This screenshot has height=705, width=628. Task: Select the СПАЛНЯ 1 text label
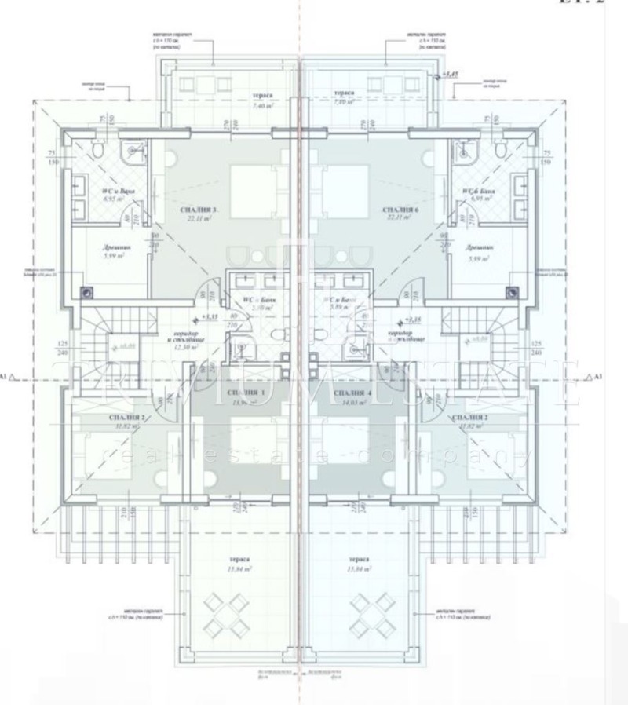[246, 392]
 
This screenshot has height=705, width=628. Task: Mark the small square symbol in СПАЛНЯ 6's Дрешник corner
[511, 290]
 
